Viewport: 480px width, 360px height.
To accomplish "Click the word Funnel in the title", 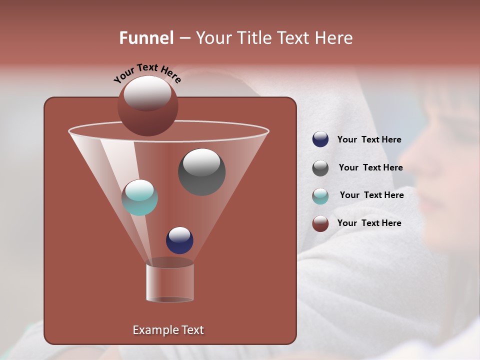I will point(146,38).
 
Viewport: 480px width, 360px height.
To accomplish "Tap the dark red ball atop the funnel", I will point(147,106).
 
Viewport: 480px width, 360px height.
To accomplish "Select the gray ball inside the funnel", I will point(201,172).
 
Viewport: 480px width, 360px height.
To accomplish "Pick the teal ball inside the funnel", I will point(139,197).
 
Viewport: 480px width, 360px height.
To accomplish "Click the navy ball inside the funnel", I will point(179,240).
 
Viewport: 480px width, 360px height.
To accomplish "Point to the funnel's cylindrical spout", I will point(170,283).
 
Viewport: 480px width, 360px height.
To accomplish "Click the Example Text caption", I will point(168,330).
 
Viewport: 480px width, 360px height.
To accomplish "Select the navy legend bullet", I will point(320,139).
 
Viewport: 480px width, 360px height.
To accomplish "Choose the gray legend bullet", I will point(320,168).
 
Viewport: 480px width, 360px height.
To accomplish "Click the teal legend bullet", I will point(320,196).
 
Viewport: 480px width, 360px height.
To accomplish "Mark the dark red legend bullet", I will point(320,223).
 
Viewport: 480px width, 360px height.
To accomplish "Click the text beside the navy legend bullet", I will point(369,139).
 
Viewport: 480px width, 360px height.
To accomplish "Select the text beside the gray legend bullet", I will point(370,167).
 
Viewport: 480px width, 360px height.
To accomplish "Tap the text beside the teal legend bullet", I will point(371,195).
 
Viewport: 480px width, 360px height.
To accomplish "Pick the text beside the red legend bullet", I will point(369,223).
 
